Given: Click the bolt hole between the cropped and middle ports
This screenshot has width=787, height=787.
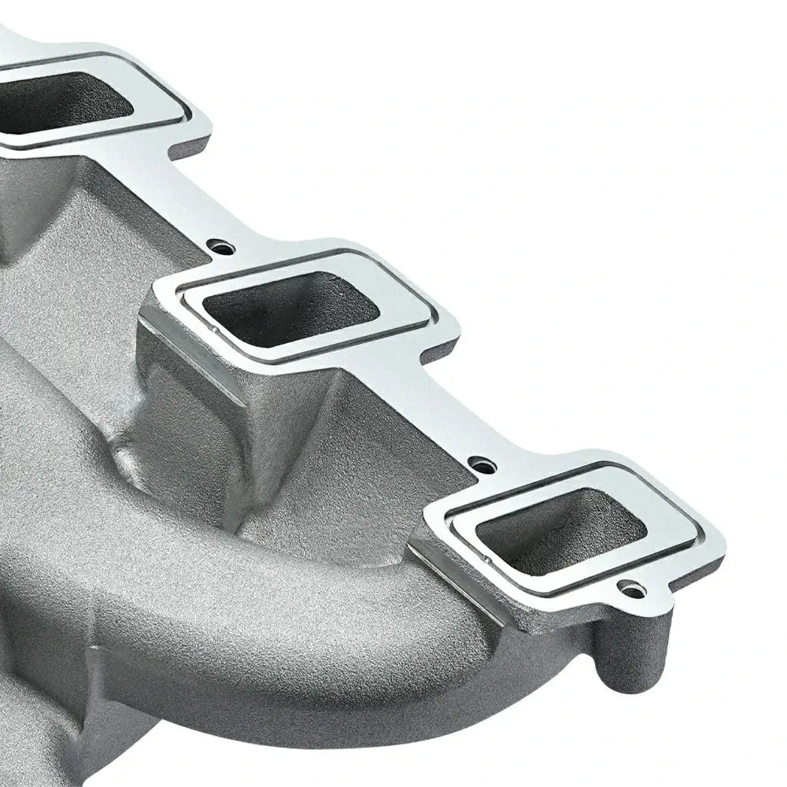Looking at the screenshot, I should [224, 248].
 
